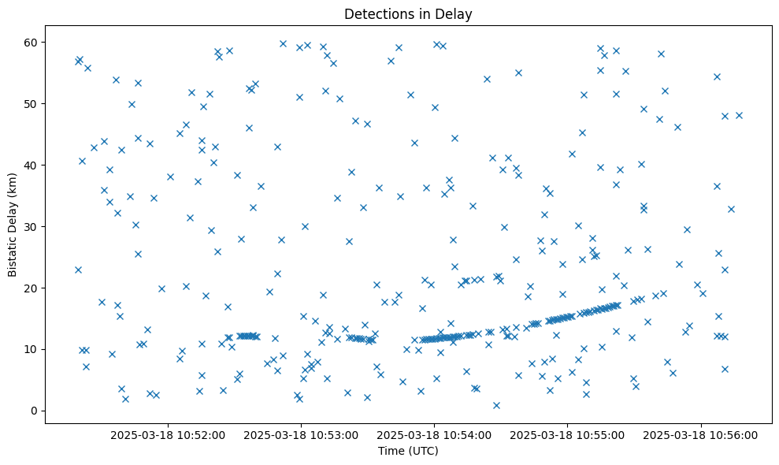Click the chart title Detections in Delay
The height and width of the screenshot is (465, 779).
408,13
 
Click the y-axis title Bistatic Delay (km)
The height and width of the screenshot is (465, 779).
13,225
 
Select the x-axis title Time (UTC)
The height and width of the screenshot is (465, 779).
408,451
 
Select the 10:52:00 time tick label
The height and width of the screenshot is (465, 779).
168,434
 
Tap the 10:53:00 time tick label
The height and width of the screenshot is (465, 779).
301,434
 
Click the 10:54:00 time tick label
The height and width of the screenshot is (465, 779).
435,434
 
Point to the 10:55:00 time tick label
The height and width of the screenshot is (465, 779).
568,434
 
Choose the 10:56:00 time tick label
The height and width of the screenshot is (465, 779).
701,434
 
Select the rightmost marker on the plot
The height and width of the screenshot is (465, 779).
739,115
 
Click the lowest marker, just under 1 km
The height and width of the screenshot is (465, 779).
496,405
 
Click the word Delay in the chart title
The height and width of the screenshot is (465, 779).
456,13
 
